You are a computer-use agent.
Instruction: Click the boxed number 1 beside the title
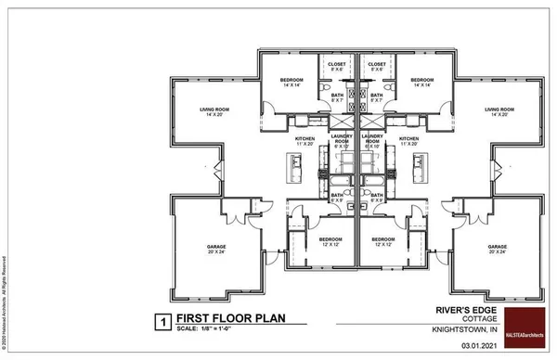pyautogui.click(x=161, y=323)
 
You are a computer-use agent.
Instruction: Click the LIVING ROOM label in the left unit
pyautogui.click(x=214, y=111)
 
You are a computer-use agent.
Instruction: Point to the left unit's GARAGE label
pyautogui.click(x=216, y=248)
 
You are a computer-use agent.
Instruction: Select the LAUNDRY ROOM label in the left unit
pyautogui.click(x=340, y=141)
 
